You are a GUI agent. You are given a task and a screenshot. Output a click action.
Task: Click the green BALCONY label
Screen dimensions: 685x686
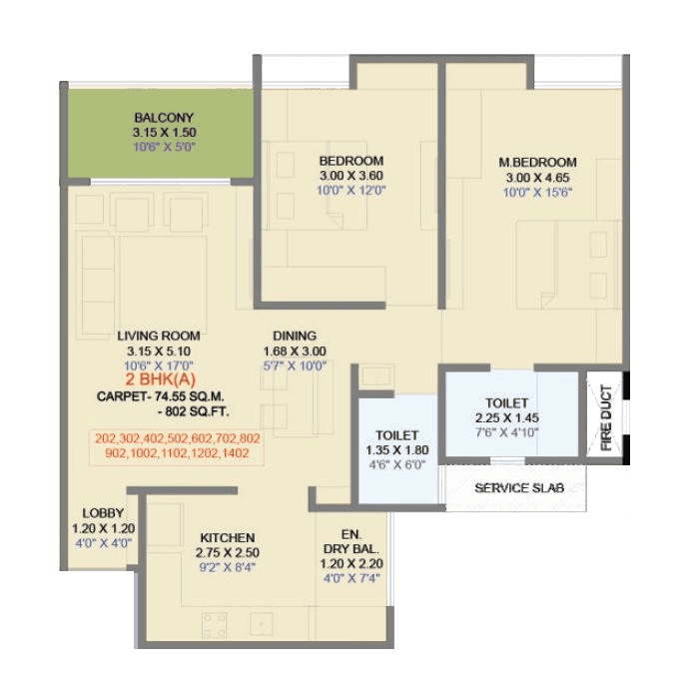coord(159,117)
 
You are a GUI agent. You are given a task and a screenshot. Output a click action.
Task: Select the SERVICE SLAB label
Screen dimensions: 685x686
coord(517,488)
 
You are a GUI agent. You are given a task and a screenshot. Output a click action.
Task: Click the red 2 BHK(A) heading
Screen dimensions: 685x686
coord(158,381)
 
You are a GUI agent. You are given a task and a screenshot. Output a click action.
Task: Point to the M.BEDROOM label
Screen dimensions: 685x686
coord(537,162)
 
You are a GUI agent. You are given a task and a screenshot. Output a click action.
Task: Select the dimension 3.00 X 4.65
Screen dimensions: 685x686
coord(537,177)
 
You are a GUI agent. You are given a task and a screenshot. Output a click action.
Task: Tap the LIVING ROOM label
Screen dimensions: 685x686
coord(158,336)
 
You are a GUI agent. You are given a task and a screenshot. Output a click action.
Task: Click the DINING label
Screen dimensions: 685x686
coord(295,336)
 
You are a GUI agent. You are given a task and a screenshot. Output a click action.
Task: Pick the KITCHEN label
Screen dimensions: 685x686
coord(227,537)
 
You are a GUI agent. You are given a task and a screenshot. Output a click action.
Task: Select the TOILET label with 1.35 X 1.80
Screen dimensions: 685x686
coord(396,435)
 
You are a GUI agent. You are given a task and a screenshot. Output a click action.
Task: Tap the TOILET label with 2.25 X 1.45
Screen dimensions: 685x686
coord(509,402)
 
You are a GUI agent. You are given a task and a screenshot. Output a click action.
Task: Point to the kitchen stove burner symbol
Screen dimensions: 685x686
coord(215,625)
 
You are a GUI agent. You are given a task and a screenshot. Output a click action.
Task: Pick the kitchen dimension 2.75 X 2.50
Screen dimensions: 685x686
coord(227,552)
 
